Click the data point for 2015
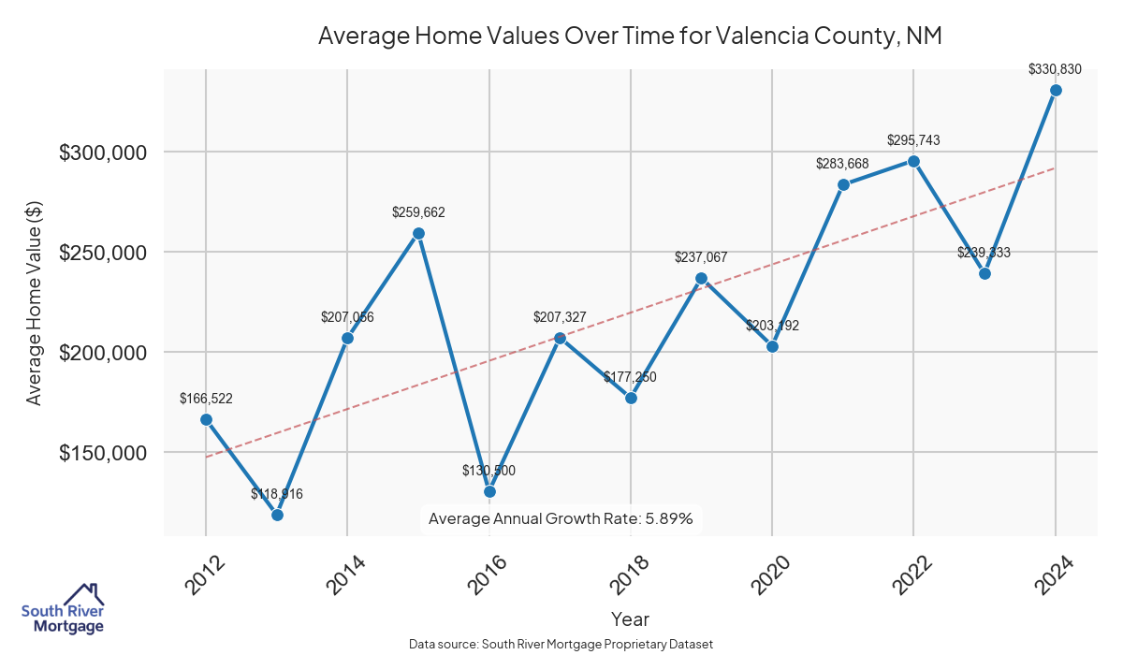tap(418, 233)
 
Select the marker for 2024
tap(1056, 90)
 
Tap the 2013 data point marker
tap(277, 515)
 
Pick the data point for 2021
tap(843, 184)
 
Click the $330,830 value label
tap(1056, 68)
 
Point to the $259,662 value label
tap(418, 212)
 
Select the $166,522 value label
tap(206, 399)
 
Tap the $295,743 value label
tap(913, 140)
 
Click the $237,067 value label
tap(701, 257)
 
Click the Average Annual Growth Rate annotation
tap(560, 518)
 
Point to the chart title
tap(629, 36)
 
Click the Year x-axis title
tap(630, 619)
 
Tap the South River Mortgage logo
tap(63, 610)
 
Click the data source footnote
tap(561, 645)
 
